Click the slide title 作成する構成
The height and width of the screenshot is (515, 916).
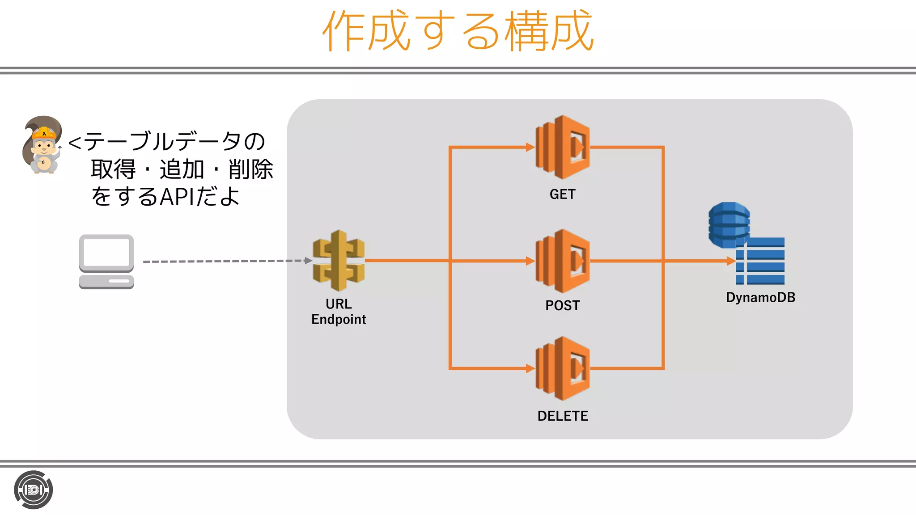click(x=458, y=31)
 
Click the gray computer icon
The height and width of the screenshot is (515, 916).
click(x=106, y=262)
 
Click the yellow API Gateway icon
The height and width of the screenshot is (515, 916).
click(x=339, y=261)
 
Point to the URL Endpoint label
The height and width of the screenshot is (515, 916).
click(x=339, y=312)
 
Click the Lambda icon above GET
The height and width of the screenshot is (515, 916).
click(x=563, y=147)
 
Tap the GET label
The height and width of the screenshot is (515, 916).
click(x=563, y=194)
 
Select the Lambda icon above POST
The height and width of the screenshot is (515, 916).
click(x=563, y=261)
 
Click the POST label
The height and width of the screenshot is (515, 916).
click(x=563, y=306)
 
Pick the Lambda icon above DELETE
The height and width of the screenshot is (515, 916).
click(x=563, y=368)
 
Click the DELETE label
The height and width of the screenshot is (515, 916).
click(x=563, y=416)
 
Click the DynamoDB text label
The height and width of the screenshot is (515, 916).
click(x=760, y=298)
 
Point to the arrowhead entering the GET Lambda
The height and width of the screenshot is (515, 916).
click(x=530, y=147)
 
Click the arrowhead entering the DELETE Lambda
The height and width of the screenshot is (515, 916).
click(x=530, y=368)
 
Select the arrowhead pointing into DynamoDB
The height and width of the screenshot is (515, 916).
click(x=731, y=261)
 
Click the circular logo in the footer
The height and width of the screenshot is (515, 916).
click(x=34, y=490)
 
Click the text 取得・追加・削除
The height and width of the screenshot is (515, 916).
click(x=182, y=169)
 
